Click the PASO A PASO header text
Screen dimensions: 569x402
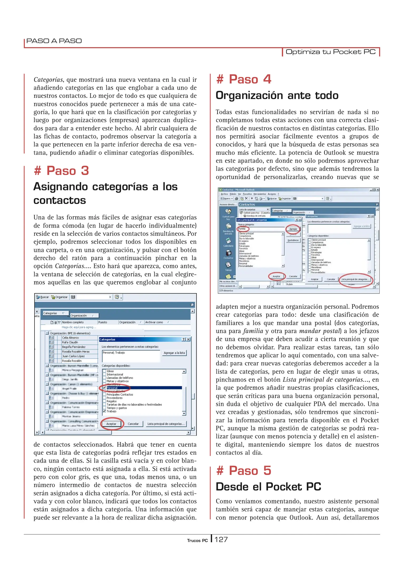(54, 41)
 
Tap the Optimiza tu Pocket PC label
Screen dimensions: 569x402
(330, 52)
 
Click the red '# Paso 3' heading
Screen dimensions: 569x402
(61, 171)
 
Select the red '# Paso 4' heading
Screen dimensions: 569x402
(244, 79)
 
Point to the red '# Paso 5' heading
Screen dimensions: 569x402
(244, 470)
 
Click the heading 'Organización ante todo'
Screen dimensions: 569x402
(277, 95)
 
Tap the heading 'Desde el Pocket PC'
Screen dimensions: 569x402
(268, 487)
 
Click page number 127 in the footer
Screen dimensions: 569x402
(221, 540)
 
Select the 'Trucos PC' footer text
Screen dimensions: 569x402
(197, 541)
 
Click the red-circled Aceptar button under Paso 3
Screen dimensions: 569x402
(111, 424)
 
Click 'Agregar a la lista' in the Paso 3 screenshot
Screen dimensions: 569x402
(174, 353)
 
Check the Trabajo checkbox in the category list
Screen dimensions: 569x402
(105, 411)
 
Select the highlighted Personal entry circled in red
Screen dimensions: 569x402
(112, 388)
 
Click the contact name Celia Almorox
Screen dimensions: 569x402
(70, 338)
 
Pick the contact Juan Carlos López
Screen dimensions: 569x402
(73, 356)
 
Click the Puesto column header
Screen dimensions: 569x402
(103, 322)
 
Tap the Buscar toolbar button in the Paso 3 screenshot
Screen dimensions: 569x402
(43, 297)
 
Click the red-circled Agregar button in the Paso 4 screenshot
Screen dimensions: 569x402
(293, 229)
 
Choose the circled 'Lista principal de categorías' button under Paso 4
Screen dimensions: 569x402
(356, 279)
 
